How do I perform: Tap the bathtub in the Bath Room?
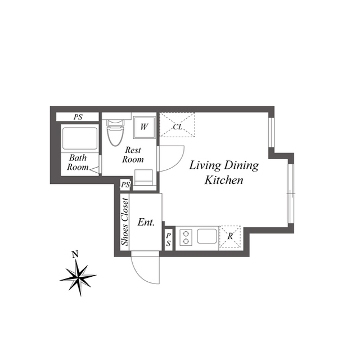(80, 138)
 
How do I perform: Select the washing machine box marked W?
(144, 127)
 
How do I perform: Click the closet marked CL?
(177, 125)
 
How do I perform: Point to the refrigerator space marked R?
(230, 236)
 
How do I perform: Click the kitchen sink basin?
(207, 236)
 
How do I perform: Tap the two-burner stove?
(186, 237)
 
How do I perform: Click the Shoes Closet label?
(125, 222)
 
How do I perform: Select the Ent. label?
(146, 222)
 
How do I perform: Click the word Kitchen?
(224, 180)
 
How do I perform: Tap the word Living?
(205, 165)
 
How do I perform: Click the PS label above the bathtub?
(78, 117)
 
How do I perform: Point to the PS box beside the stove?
(169, 240)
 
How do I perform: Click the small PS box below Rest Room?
(125, 184)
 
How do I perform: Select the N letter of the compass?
(75, 254)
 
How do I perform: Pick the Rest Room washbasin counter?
(144, 178)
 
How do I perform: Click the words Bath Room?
(78, 163)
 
